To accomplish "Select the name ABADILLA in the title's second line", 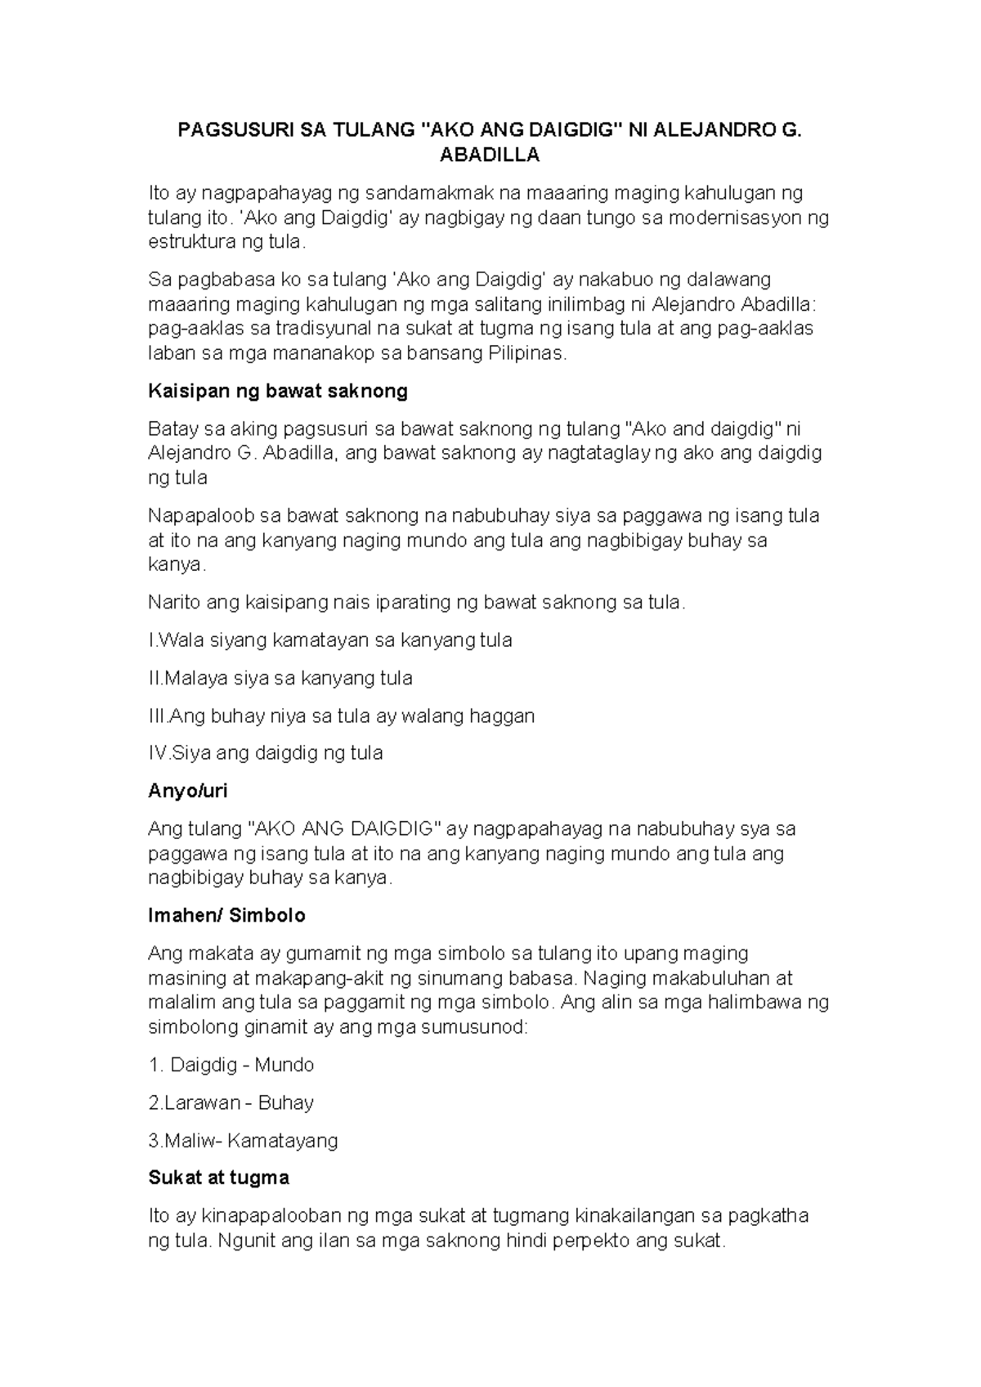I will (x=490, y=155).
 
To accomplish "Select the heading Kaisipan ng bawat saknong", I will (x=277, y=392).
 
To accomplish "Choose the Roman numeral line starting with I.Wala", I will (x=329, y=640).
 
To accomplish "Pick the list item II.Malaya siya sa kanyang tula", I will (x=280, y=678).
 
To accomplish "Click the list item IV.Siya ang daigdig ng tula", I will (x=265, y=753).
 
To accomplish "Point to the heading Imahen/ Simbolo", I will (x=226, y=915).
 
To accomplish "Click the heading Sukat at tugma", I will (x=218, y=1178).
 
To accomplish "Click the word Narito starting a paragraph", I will (x=174, y=604).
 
